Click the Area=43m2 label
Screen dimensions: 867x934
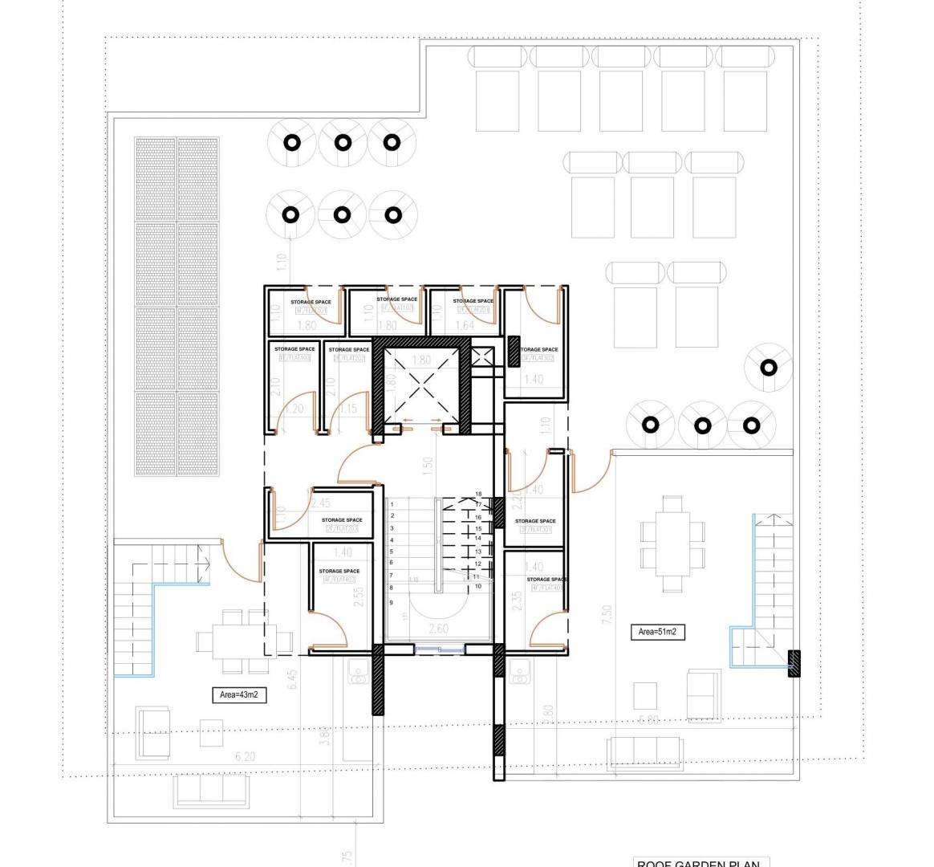point(238,695)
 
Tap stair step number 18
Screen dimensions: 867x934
point(478,495)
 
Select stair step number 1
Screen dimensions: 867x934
point(392,505)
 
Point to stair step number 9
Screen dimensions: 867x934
point(392,601)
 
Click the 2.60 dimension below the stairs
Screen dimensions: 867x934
point(438,629)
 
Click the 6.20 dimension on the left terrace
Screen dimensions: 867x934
point(246,756)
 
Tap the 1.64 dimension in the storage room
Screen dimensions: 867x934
point(465,326)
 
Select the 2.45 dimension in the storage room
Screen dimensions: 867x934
point(319,503)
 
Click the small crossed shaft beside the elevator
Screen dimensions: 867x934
point(484,357)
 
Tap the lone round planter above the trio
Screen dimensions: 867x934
point(769,368)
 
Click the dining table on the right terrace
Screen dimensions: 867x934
point(672,533)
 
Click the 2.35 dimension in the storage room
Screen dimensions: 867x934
point(517,601)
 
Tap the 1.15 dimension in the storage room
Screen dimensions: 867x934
point(347,409)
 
